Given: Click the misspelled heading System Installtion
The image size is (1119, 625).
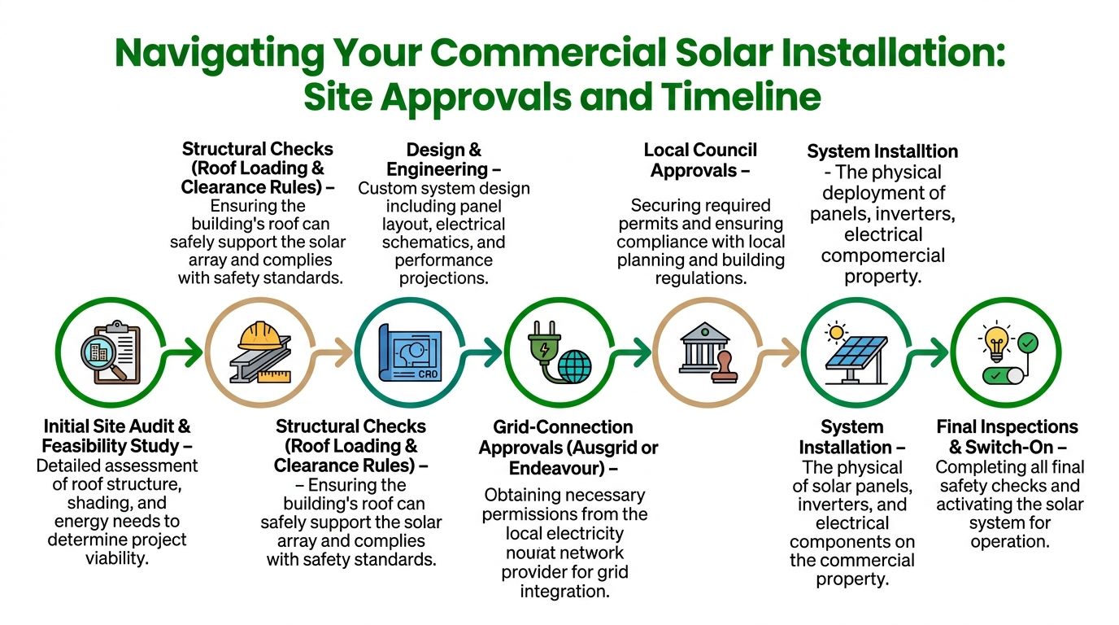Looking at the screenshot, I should click(882, 151).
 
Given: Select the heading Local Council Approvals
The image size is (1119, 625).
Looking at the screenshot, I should click(700, 160).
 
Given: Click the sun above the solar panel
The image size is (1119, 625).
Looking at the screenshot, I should click(835, 332).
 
